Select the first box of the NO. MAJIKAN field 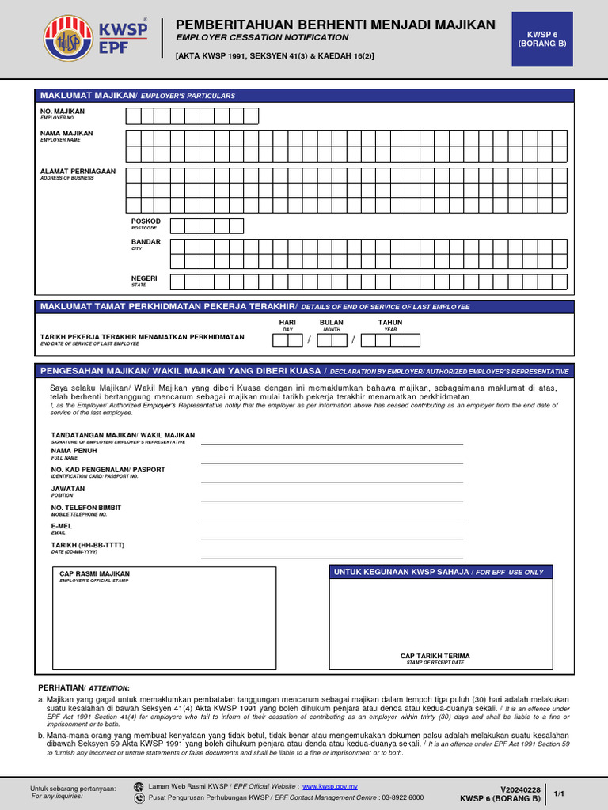click(x=133, y=116)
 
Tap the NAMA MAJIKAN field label click(x=66, y=134)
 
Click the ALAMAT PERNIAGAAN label click(x=78, y=171)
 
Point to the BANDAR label click(x=146, y=242)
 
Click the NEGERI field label click(x=144, y=278)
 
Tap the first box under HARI click(x=280, y=341)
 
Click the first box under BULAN click(x=325, y=341)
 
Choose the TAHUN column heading click(x=390, y=323)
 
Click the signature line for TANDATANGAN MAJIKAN click(x=332, y=443)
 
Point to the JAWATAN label click(x=67, y=489)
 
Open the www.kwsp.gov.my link click(x=330, y=787)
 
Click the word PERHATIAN click(x=60, y=687)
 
